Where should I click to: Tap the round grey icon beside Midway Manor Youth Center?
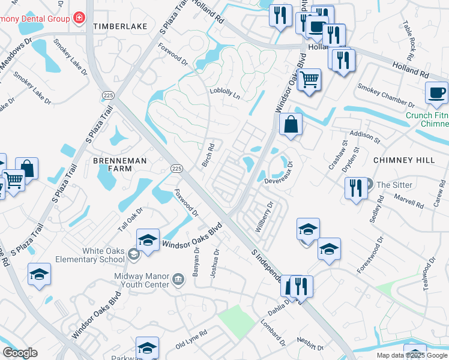(178, 279)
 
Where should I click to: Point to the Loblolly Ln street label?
(224, 94)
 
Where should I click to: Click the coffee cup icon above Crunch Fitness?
(436, 93)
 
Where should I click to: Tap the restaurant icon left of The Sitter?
(355, 187)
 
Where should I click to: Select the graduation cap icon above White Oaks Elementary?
(148, 240)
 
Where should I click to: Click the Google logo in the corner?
(20, 353)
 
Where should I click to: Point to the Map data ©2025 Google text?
(411, 355)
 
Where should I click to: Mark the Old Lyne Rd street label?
(191, 340)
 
